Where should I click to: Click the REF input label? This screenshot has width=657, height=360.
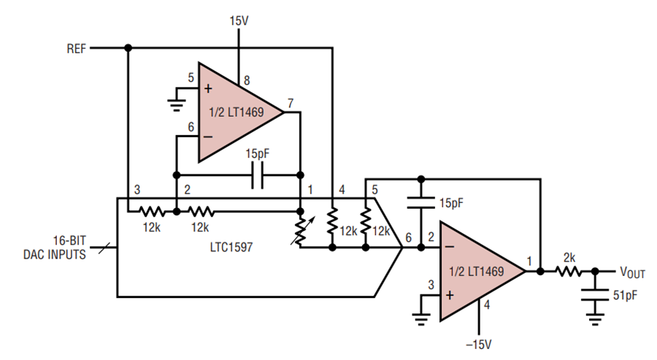point(76,49)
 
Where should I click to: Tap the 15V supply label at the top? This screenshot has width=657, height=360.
point(239,20)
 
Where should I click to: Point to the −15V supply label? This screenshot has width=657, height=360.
point(478,345)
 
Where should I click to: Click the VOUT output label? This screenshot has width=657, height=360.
point(632,272)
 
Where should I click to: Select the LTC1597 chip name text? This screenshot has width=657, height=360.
point(231,247)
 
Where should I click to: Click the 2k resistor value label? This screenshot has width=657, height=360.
point(569,258)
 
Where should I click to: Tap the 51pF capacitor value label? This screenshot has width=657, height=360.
point(625,295)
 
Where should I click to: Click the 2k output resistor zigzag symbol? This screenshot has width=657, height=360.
point(569,272)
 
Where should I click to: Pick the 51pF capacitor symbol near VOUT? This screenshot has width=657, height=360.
point(594,294)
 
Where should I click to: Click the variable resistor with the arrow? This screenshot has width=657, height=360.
point(301,230)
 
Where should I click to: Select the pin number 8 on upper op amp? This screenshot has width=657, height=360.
point(247,80)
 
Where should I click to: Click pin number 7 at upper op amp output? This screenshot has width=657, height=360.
point(291,103)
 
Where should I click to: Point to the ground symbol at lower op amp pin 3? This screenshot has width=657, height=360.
point(421,319)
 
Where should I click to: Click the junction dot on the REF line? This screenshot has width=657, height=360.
point(128,48)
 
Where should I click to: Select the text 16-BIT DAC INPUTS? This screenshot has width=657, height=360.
point(55,248)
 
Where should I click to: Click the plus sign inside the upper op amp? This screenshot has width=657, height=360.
point(208,88)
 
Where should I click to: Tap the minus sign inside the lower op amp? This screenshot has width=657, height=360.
point(450,247)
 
